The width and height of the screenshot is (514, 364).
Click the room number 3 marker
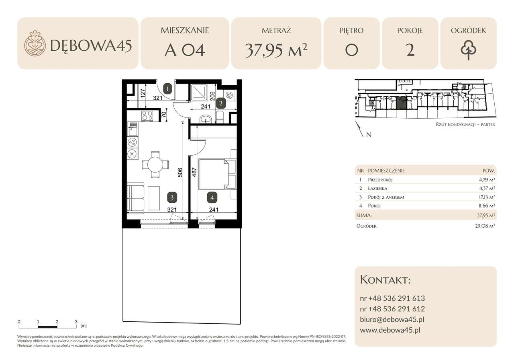(172, 197)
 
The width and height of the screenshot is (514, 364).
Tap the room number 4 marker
(212, 197)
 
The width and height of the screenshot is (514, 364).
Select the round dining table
(155, 165)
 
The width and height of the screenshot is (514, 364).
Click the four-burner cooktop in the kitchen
(147, 116)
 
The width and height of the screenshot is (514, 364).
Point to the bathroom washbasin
(207, 119)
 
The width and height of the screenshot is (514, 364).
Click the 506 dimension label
(180, 173)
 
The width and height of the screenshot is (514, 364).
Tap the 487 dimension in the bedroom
(194, 173)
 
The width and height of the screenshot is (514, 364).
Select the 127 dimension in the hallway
(143, 94)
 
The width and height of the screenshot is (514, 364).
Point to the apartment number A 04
(185, 51)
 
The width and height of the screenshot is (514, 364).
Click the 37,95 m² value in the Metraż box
(276, 51)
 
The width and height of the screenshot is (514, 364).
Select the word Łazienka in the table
(377, 188)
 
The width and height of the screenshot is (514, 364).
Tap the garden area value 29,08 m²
(485, 226)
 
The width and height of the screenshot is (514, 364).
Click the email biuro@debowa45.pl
(392, 320)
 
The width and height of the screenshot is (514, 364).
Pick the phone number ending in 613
(392, 298)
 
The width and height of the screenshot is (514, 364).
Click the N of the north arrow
(369, 135)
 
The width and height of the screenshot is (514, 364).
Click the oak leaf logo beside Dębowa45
(35, 43)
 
